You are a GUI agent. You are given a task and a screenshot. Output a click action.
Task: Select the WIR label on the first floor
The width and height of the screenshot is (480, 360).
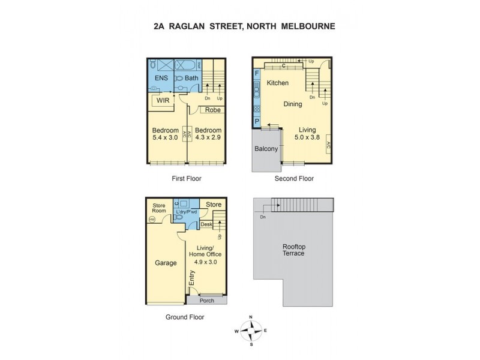tap(163, 101)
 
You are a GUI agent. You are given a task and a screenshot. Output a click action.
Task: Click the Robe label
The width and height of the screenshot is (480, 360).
tap(212, 110)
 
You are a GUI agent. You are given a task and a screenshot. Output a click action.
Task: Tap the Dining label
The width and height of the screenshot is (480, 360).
tap(293, 104)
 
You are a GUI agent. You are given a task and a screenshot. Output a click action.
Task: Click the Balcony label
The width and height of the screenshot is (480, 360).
tap(266, 149)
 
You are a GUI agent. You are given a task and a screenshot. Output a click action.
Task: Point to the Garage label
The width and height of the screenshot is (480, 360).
tap(165, 263)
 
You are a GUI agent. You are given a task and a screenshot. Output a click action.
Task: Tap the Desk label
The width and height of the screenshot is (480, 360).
tap(206, 224)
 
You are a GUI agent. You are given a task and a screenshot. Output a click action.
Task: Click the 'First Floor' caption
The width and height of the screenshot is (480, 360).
tap(186, 179)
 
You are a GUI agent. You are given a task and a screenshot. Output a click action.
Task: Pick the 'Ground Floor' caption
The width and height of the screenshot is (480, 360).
tap(184, 317)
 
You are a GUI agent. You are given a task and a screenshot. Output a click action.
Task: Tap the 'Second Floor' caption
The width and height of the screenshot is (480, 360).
tap(294, 179)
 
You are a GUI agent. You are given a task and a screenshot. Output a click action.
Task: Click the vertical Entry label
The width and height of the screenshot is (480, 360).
tap(192, 278)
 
